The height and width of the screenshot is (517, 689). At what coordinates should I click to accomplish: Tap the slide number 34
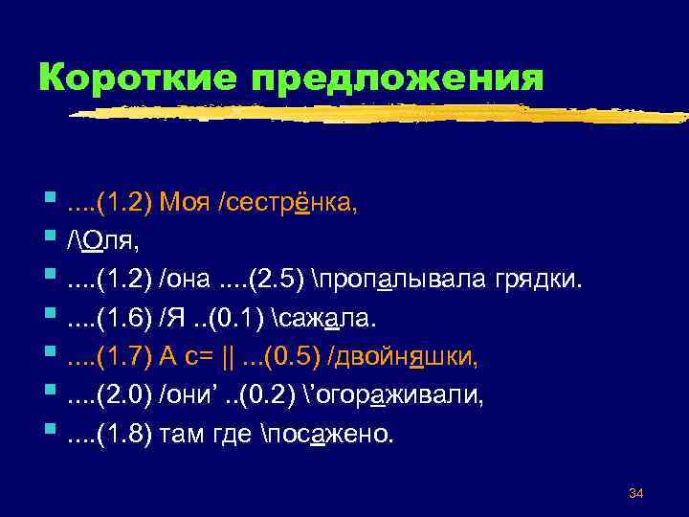tap(634, 493)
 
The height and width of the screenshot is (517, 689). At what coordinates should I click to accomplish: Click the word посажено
tap(340, 434)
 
